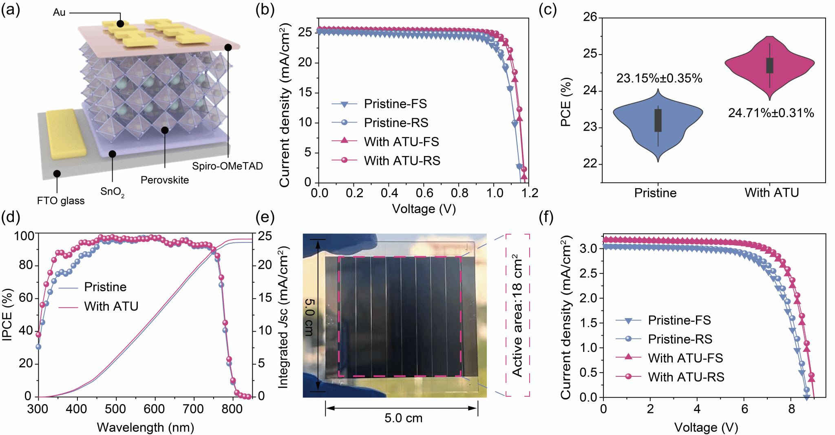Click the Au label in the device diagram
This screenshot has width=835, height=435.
point(59,13)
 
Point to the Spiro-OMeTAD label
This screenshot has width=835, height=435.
point(228,166)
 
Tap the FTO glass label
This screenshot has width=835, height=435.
point(61,201)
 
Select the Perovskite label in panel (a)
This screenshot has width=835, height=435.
point(165,180)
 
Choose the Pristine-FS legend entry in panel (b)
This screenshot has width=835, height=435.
point(395,104)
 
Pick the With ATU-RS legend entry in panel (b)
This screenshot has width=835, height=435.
point(402,161)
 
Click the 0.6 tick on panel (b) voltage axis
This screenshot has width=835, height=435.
point(424,193)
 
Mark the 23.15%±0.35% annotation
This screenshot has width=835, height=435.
point(659,78)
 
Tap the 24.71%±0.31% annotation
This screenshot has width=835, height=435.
point(771,113)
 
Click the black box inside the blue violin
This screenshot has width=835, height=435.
point(658,120)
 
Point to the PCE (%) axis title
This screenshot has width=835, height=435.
point(566,102)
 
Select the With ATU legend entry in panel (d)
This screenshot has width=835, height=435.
point(111,306)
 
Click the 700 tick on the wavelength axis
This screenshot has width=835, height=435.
point(193,409)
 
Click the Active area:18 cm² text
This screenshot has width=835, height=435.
point(517,316)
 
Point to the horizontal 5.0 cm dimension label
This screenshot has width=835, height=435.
point(403,418)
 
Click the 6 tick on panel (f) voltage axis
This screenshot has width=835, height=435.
point(744,409)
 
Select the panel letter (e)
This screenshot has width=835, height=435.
point(265,217)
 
